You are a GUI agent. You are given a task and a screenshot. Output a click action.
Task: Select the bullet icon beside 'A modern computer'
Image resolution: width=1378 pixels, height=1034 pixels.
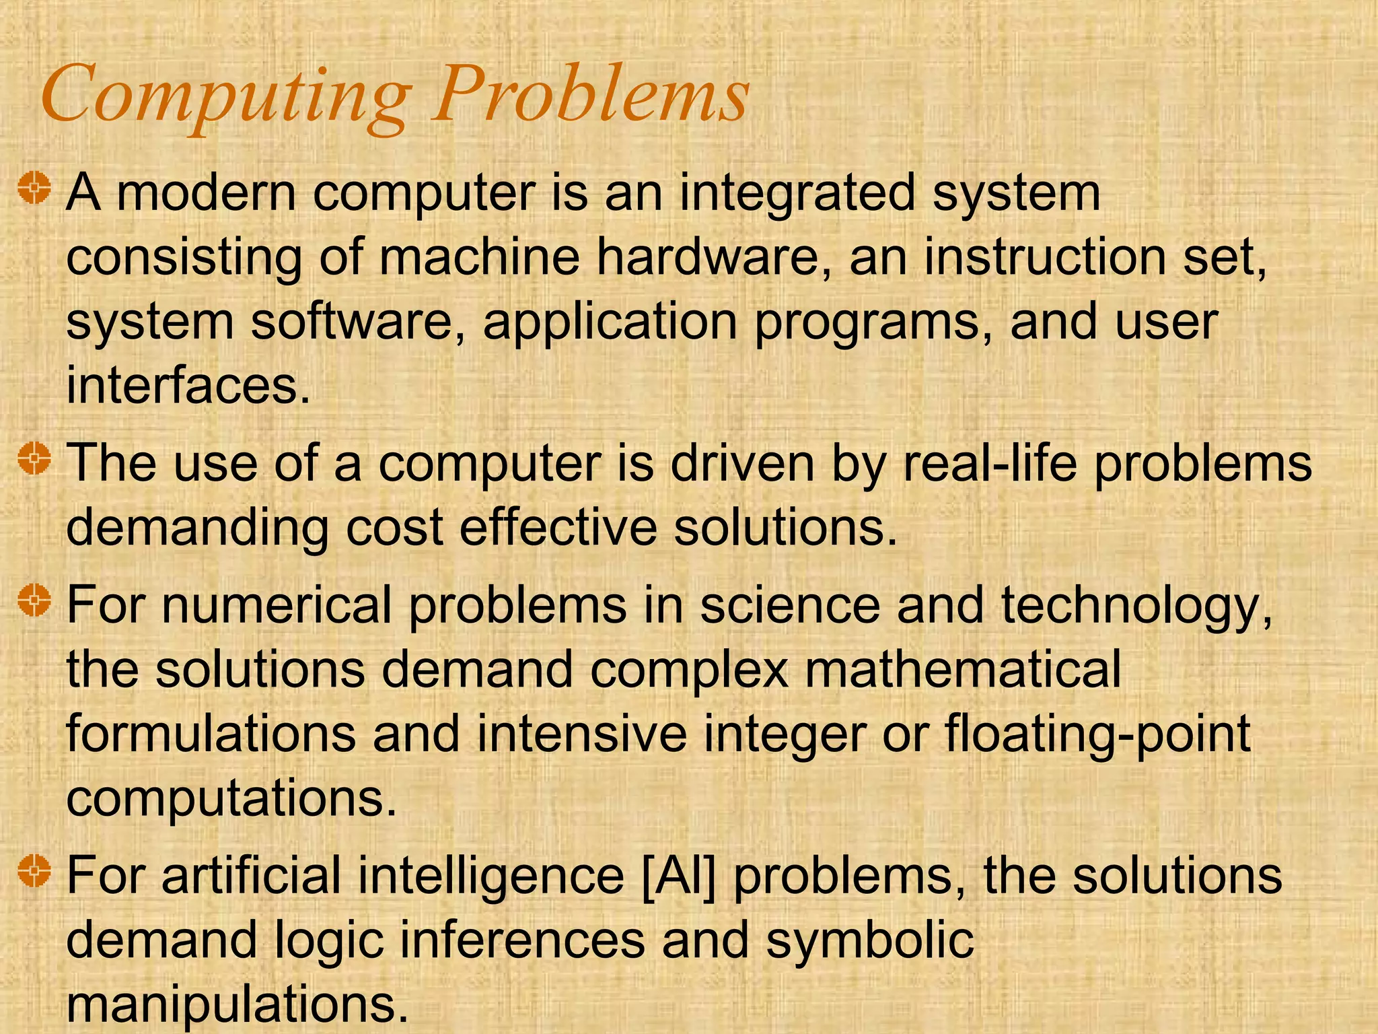(x=34, y=188)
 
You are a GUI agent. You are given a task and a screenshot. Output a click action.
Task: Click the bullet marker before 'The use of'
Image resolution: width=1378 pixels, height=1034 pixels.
(x=34, y=460)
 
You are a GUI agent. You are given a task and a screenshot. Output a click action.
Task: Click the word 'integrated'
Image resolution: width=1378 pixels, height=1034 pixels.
(x=797, y=193)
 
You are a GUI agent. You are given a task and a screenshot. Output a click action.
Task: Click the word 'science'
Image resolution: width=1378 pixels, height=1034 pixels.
(x=789, y=605)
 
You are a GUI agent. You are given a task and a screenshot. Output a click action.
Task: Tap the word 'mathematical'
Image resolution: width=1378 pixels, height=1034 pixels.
(x=963, y=669)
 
